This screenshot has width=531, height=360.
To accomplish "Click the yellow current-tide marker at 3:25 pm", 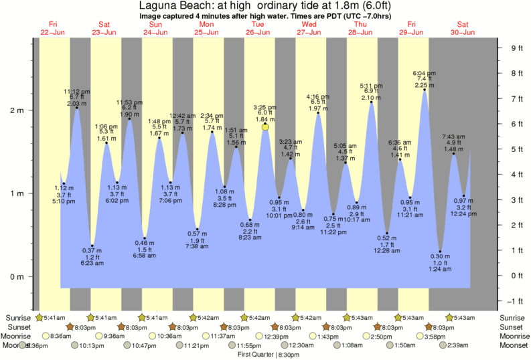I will pos(266,126).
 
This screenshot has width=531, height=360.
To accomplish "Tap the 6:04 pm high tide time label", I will pos(424,73).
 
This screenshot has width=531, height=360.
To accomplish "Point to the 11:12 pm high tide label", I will pos(77,91).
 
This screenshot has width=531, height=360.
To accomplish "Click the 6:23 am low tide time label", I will pos(92,264).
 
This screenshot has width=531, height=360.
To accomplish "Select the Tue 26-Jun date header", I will pos(258,28).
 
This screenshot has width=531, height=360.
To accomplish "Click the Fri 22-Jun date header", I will pos(53,28).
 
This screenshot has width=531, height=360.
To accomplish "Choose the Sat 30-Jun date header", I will pos(463,28).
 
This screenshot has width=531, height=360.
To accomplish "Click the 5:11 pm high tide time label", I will pos(371,86).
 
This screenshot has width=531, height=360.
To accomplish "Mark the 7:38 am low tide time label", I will pos(197,246).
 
